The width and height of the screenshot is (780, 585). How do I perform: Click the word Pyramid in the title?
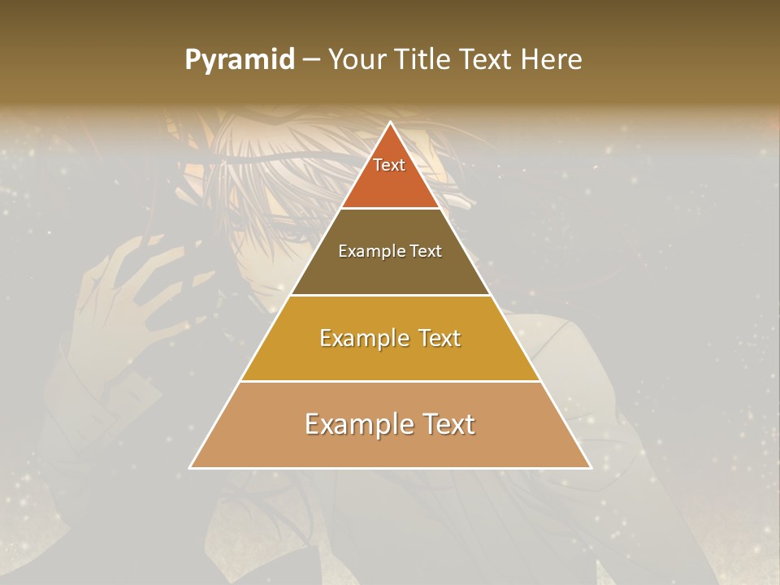(239, 60)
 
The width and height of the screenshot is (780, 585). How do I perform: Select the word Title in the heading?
(424, 60)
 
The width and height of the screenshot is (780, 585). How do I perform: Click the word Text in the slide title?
(487, 60)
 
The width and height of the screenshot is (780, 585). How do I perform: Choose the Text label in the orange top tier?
(389, 165)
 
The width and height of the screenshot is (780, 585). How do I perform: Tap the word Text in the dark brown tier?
(426, 251)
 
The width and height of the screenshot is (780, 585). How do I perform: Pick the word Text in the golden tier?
(440, 338)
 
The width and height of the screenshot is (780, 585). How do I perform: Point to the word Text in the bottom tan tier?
(446, 424)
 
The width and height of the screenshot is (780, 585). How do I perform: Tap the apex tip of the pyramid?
(390, 123)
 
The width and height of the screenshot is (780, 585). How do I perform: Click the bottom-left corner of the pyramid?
(191, 467)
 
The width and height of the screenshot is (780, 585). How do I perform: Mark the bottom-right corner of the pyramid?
(590, 467)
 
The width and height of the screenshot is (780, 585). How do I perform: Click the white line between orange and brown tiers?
(390, 209)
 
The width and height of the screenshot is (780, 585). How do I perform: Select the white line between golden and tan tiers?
(390, 381)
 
